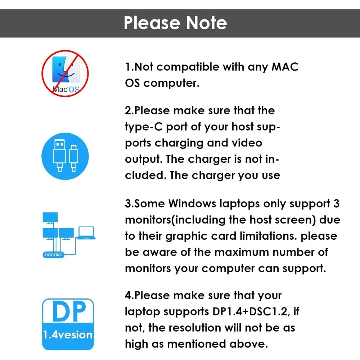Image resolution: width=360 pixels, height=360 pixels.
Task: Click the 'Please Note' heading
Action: tap(175, 23)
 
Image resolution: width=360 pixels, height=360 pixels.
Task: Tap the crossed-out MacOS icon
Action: tap(65, 73)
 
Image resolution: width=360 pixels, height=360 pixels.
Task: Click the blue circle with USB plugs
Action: tap(65, 156)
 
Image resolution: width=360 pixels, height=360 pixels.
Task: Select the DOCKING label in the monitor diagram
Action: tap(54, 255)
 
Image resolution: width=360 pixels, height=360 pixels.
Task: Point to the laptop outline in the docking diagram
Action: tap(86, 233)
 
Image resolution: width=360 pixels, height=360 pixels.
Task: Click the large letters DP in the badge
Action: tap(69, 311)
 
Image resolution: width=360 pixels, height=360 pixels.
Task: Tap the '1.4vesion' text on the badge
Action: tap(68, 335)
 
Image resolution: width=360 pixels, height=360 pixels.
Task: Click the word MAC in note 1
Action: tap(285, 67)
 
